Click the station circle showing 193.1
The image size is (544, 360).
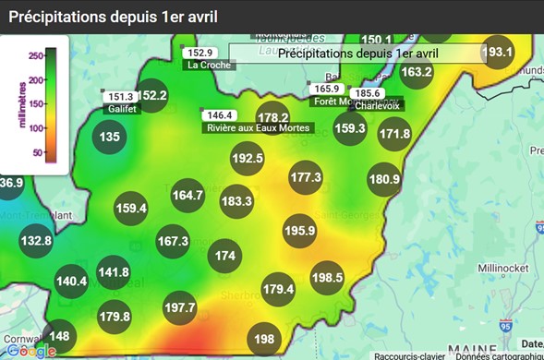click(x=498, y=53)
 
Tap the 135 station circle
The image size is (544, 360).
click(x=110, y=138)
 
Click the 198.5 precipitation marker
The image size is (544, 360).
click(x=327, y=277)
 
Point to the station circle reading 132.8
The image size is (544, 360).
click(x=36, y=241)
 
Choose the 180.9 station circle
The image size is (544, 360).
click(x=383, y=179)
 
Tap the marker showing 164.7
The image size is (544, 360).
click(x=187, y=196)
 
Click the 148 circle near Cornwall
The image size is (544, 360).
click(x=59, y=336)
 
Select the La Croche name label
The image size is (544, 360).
click(x=209, y=66)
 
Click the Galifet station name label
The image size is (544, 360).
click(x=122, y=109)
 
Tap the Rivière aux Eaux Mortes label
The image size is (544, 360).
click(x=246, y=128)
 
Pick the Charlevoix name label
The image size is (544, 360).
click(x=375, y=105)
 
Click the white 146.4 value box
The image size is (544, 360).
click(x=220, y=115)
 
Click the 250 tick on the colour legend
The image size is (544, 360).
click(x=38, y=56)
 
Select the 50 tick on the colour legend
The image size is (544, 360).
click(x=38, y=152)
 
